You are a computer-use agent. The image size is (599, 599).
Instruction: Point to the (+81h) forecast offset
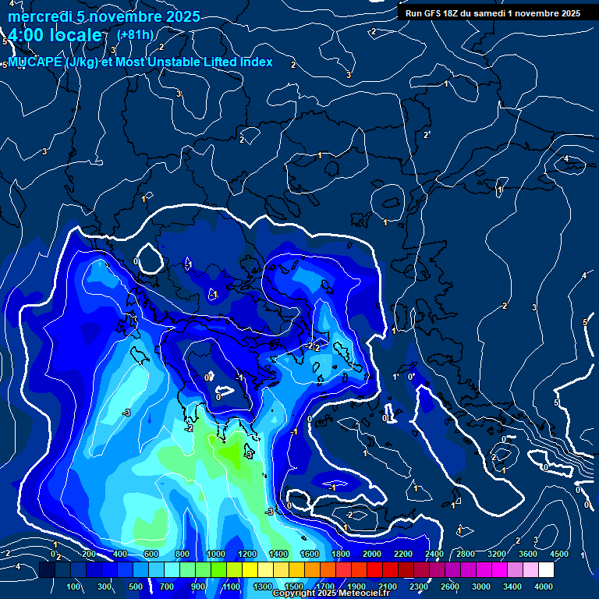click(135, 34)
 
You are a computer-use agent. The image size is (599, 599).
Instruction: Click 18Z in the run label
click(452, 13)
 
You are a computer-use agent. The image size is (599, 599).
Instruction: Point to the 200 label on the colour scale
click(88, 554)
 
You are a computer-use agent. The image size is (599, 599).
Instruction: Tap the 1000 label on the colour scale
click(215, 554)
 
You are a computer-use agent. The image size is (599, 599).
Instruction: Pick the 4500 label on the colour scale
click(558, 554)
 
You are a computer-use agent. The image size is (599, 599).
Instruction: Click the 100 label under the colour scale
click(74, 587)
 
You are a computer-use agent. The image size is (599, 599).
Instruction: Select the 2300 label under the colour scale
click(418, 587)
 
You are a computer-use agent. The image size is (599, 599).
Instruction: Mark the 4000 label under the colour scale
click(544, 587)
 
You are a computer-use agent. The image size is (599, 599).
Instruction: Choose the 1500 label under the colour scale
click(293, 587)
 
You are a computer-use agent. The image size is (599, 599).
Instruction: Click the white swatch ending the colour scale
click(546, 570)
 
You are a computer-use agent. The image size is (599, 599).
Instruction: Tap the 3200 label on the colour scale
click(496, 554)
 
